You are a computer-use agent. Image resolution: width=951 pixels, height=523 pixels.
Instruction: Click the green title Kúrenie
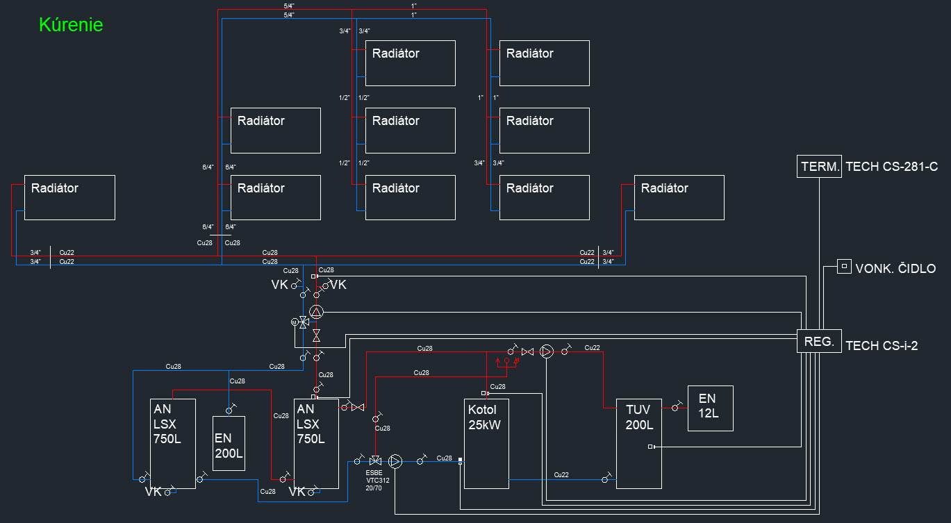pyautogui.click(x=71, y=24)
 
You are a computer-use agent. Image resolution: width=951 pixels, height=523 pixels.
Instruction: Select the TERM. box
pyautogui.click(x=819, y=167)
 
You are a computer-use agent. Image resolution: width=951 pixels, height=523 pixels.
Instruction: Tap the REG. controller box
pyautogui.click(x=819, y=341)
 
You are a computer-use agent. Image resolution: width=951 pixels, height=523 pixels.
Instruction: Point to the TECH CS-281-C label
pyautogui.click(x=891, y=167)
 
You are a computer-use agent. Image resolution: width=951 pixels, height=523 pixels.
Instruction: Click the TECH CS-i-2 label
pyautogui.click(x=882, y=346)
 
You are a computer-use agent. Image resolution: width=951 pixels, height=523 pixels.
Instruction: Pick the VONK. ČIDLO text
pyautogui.click(x=896, y=268)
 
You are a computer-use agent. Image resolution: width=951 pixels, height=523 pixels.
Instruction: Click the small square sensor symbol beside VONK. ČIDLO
pyautogui.click(x=844, y=267)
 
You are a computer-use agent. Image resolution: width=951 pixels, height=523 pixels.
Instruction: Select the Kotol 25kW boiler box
pyautogui.click(x=486, y=444)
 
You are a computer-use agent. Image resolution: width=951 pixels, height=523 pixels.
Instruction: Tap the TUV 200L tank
pyautogui.click(x=639, y=444)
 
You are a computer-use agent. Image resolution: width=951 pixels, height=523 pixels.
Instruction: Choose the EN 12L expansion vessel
pyautogui.click(x=710, y=408)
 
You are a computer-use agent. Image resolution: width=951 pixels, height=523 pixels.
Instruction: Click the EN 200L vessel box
pyautogui.click(x=229, y=443)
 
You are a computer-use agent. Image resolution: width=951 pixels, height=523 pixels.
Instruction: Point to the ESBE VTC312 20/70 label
pyautogui.click(x=377, y=480)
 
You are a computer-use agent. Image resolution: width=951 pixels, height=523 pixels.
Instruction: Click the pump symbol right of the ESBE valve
pyautogui.click(x=395, y=461)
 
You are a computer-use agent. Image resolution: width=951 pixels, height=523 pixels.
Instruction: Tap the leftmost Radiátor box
pyautogui.click(x=69, y=197)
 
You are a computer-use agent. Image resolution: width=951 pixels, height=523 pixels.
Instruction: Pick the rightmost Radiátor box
pyautogui.click(x=679, y=197)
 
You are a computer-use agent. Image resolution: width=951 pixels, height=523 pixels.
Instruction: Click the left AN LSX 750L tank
pyautogui.click(x=173, y=444)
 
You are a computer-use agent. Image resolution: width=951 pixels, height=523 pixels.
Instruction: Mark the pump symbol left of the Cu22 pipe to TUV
pyautogui.click(x=547, y=351)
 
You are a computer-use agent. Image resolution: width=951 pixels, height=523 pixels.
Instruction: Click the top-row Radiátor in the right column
pyautogui.click(x=545, y=63)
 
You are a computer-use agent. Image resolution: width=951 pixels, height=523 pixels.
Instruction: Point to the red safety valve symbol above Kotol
pyautogui.click(x=507, y=362)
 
